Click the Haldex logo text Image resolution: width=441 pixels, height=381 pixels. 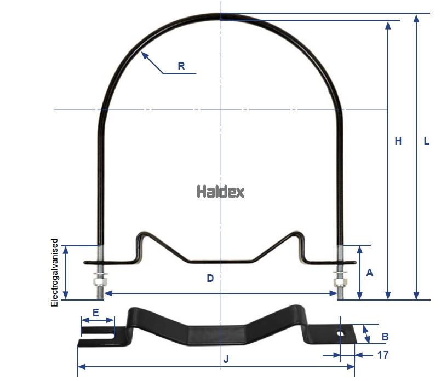coord(220,192)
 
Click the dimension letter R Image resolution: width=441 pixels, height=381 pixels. coord(181,66)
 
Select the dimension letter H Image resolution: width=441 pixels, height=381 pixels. coord(398,141)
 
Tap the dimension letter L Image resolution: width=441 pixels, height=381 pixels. coord(427,141)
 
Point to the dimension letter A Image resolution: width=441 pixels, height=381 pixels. coord(369,273)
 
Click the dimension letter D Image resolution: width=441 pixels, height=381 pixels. coord(210,278)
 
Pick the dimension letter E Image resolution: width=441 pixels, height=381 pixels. coord(95,313)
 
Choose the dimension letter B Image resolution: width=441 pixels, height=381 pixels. coord(385,336)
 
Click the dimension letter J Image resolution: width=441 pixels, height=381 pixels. coord(226,359)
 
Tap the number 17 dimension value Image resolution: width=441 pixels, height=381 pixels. coord(383,355)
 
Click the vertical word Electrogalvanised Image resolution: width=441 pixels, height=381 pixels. coord(55,272)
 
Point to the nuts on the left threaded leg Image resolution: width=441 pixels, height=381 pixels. coord(100,279)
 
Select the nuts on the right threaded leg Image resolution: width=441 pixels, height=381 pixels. coord(340,279)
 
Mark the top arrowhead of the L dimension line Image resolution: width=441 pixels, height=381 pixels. coord(417,17)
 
